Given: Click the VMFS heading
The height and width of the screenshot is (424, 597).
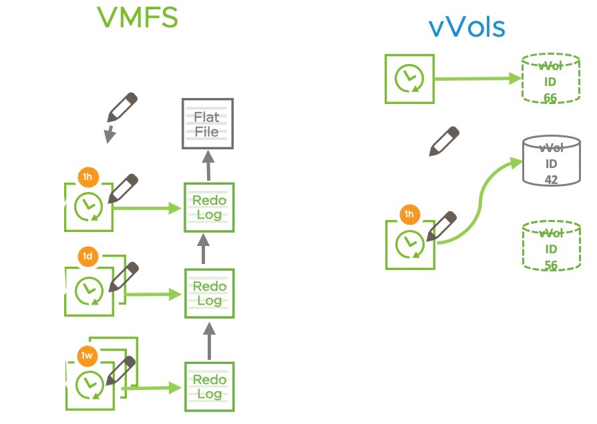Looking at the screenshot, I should (138, 18).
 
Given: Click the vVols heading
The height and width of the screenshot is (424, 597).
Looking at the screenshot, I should (466, 27).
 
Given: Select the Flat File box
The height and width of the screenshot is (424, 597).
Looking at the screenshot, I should (207, 124).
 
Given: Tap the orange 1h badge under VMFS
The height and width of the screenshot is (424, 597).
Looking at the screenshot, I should (87, 178).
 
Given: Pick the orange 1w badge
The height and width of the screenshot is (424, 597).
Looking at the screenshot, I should (87, 355).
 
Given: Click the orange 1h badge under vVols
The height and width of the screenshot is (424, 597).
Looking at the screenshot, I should (408, 215).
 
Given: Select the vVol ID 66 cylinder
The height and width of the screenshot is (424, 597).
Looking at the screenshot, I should (550, 79).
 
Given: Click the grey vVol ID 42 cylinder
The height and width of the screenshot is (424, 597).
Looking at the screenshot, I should (550, 161).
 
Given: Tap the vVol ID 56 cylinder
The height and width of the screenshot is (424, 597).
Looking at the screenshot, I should (550, 246).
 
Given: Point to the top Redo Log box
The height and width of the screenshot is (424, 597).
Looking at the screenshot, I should (209, 207).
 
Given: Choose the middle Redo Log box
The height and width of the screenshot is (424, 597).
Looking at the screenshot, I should (209, 293).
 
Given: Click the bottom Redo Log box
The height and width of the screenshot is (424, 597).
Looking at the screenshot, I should (209, 386).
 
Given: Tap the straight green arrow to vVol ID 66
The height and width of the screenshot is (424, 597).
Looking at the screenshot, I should (477, 79).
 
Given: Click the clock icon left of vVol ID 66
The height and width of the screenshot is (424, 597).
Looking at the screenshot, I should (409, 79).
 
